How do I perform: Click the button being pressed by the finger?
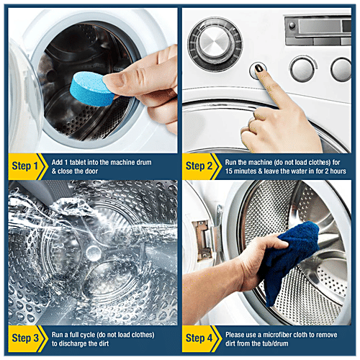pyautogui.click(x=257, y=70)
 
